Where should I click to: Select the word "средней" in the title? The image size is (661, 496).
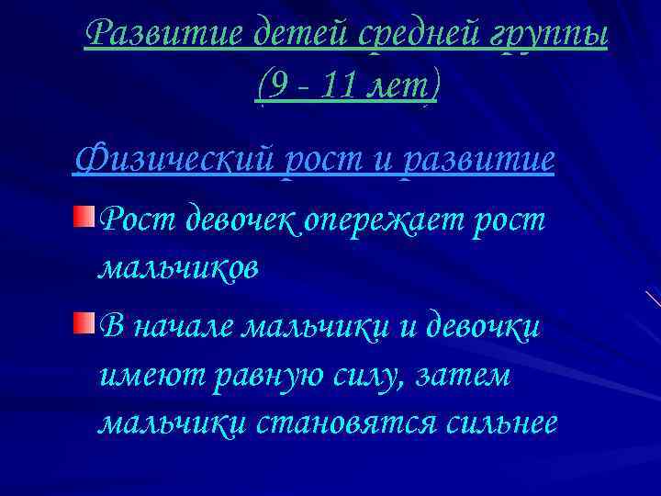pos(408,35)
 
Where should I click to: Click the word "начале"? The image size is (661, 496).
pos(179,327)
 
